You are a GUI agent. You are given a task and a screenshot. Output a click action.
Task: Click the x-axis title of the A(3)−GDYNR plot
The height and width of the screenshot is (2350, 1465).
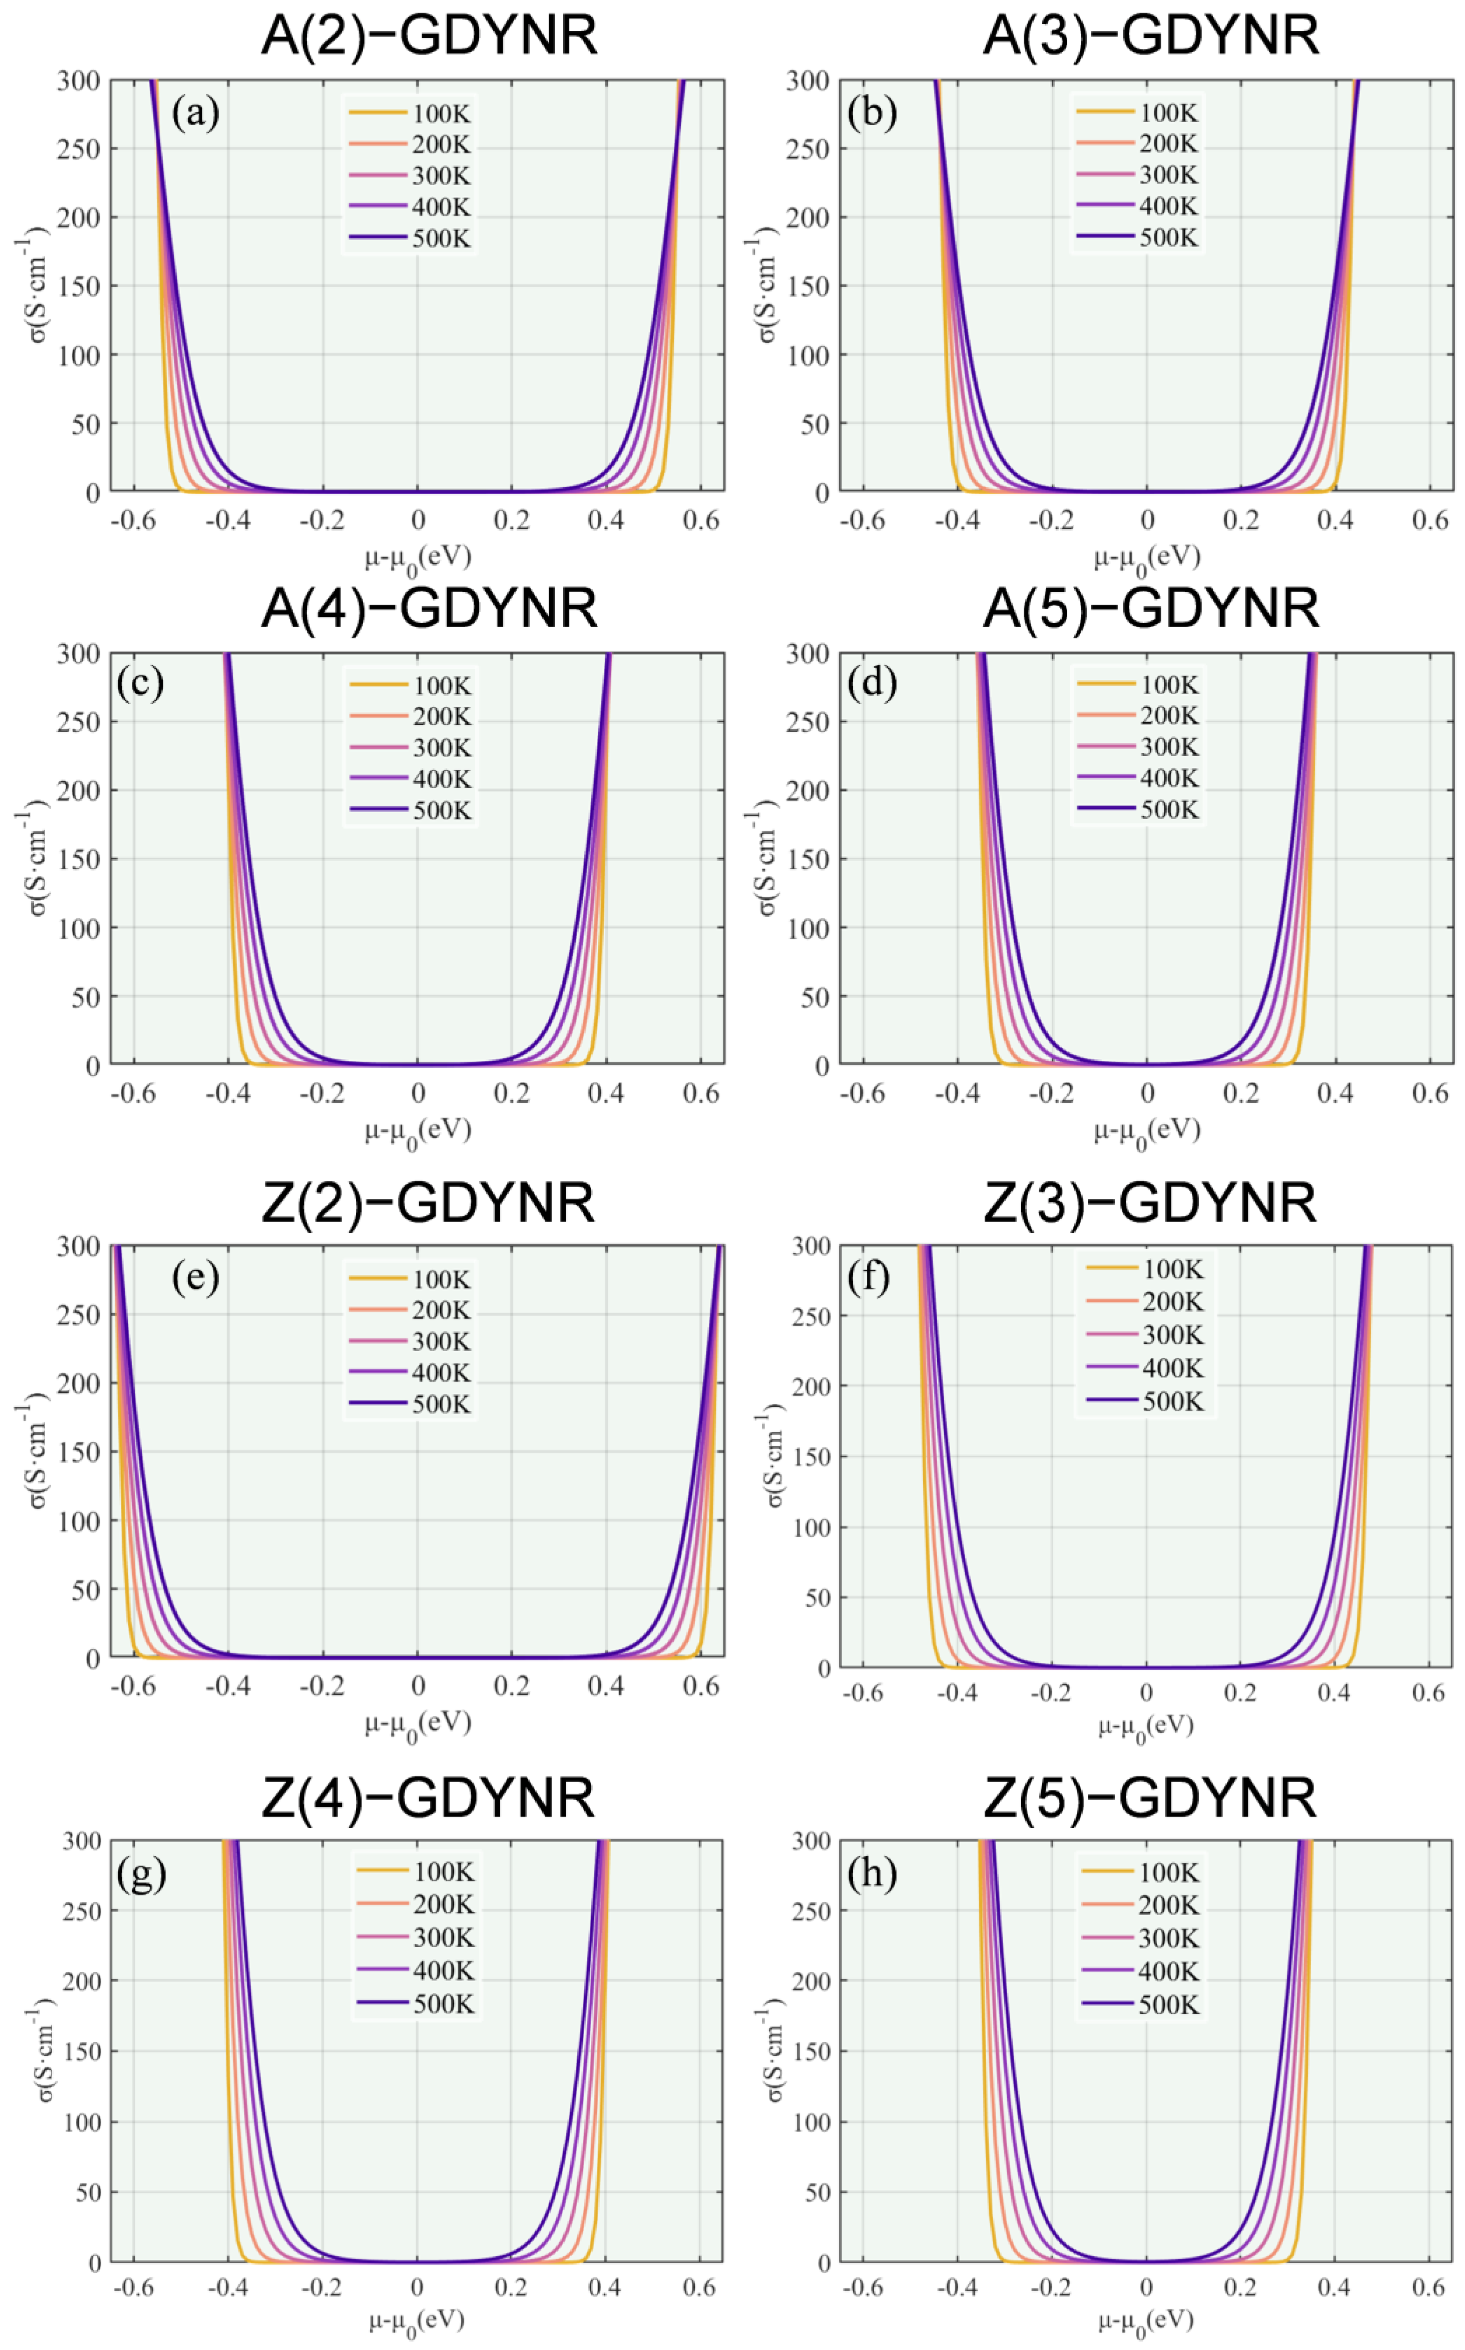pyautogui.click(x=1147, y=558)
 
